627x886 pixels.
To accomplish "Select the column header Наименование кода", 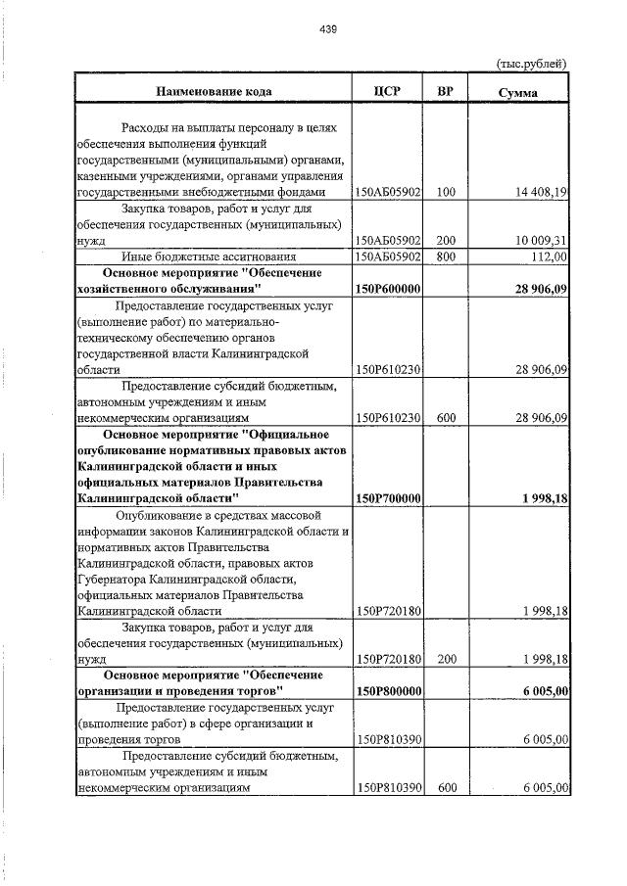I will pos(213,92).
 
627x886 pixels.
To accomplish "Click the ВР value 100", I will pos(446,193).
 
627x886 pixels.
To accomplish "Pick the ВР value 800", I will pos(446,256).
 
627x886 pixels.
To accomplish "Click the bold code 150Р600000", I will pos(388,289).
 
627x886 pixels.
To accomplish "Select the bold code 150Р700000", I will pos(388,498).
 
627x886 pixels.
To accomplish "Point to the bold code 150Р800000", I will pos(388,690).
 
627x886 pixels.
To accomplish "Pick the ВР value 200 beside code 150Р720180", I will pos(446,659).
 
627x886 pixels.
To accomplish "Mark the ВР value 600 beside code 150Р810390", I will pos(446,786).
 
